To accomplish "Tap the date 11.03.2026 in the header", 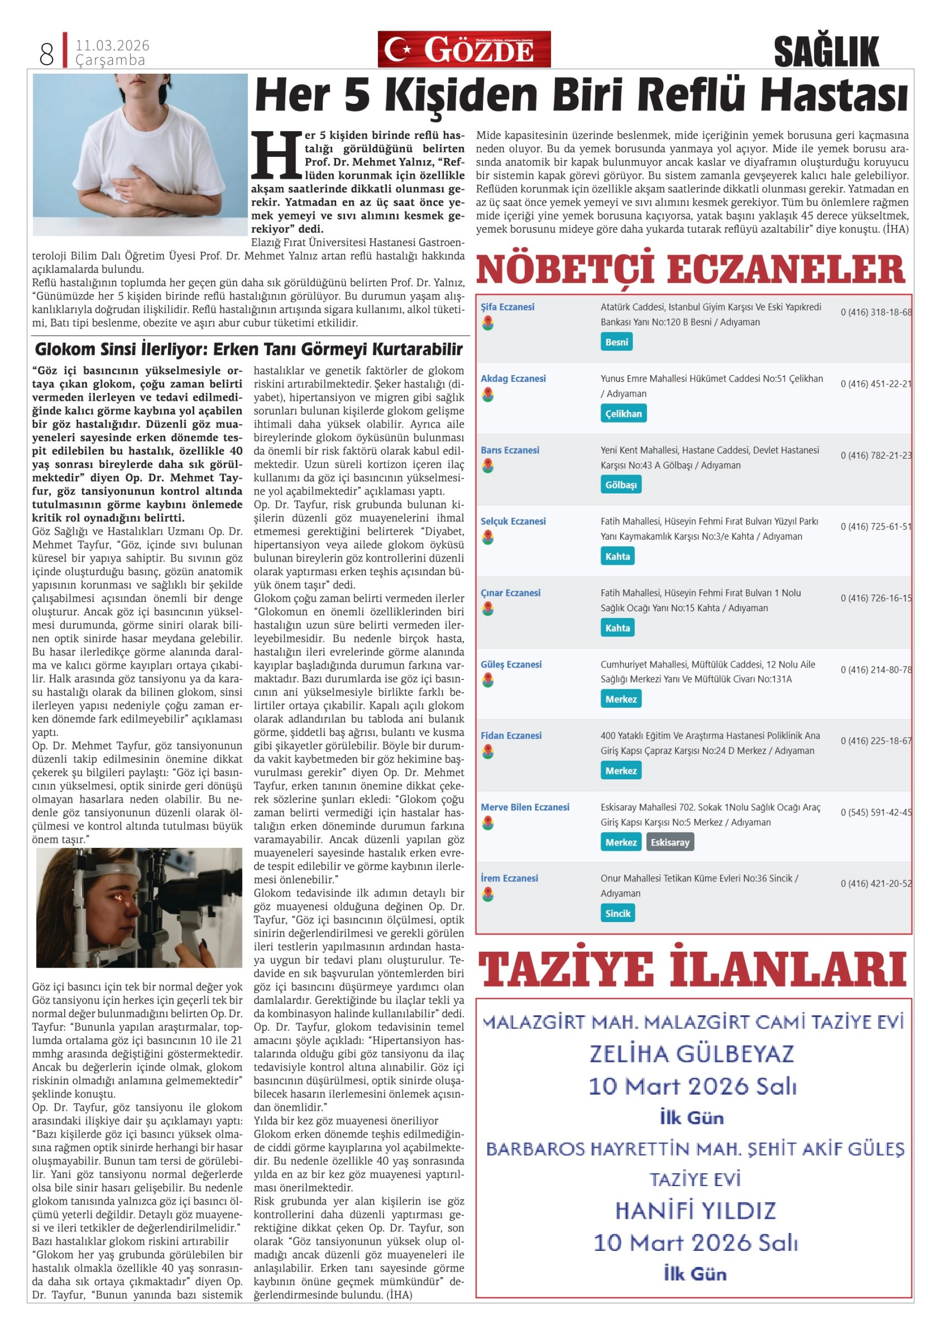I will pos(112,45).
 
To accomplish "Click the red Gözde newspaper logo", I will pos(464,49).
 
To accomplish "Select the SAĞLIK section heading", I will pos(826,51).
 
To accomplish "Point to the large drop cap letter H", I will pos(277,155).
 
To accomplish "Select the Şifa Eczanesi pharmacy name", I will pos(508,307).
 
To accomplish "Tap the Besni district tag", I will pos(616,342).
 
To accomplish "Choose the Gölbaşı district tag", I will pos(621,485).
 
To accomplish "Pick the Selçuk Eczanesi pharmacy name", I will pos(512,521).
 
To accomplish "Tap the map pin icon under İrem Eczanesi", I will pos(488,894).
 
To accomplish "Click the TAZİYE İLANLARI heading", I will pos(692,970).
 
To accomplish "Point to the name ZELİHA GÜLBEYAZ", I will pos(692,1054).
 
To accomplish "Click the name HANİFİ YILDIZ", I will pos(695,1211).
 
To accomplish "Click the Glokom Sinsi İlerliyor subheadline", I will pos(249,349).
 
